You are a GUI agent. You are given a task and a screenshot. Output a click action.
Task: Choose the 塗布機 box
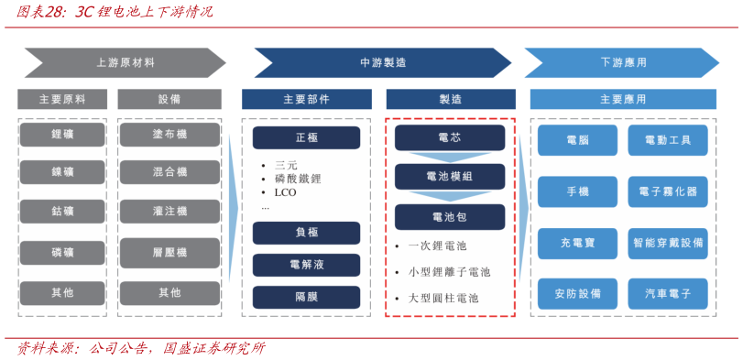[x=169, y=135]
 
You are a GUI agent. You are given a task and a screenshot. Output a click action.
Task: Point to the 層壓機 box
[x=169, y=252]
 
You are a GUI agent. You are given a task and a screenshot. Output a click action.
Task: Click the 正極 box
[x=306, y=137]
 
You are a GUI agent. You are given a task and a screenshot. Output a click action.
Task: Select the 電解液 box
[x=306, y=265]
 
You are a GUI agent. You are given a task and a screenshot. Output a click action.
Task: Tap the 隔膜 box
[x=306, y=297]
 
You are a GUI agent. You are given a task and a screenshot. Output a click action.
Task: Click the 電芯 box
[x=450, y=137]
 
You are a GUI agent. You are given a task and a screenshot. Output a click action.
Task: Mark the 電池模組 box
[x=450, y=177]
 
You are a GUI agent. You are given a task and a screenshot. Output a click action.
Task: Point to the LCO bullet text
[x=285, y=193]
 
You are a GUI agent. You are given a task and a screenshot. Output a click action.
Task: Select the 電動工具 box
[x=668, y=140]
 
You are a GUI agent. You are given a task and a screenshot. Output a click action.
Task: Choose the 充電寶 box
[x=577, y=243]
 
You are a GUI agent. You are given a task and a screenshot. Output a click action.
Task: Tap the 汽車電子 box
[x=668, y=293]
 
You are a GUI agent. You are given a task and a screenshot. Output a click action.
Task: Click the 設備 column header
[x=169, y=99]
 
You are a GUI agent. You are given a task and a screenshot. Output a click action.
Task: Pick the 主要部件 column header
[x=306, y=99]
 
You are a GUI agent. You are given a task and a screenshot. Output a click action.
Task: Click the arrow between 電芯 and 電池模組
[x=450, y=157]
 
